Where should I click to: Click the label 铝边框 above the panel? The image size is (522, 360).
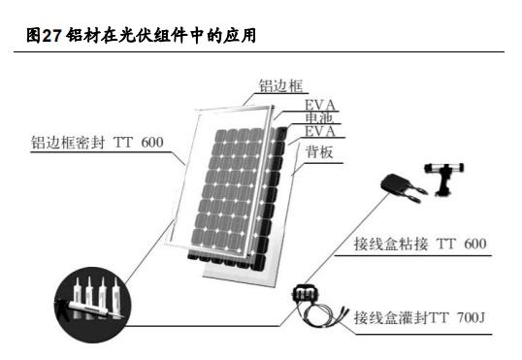point(276,85)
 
